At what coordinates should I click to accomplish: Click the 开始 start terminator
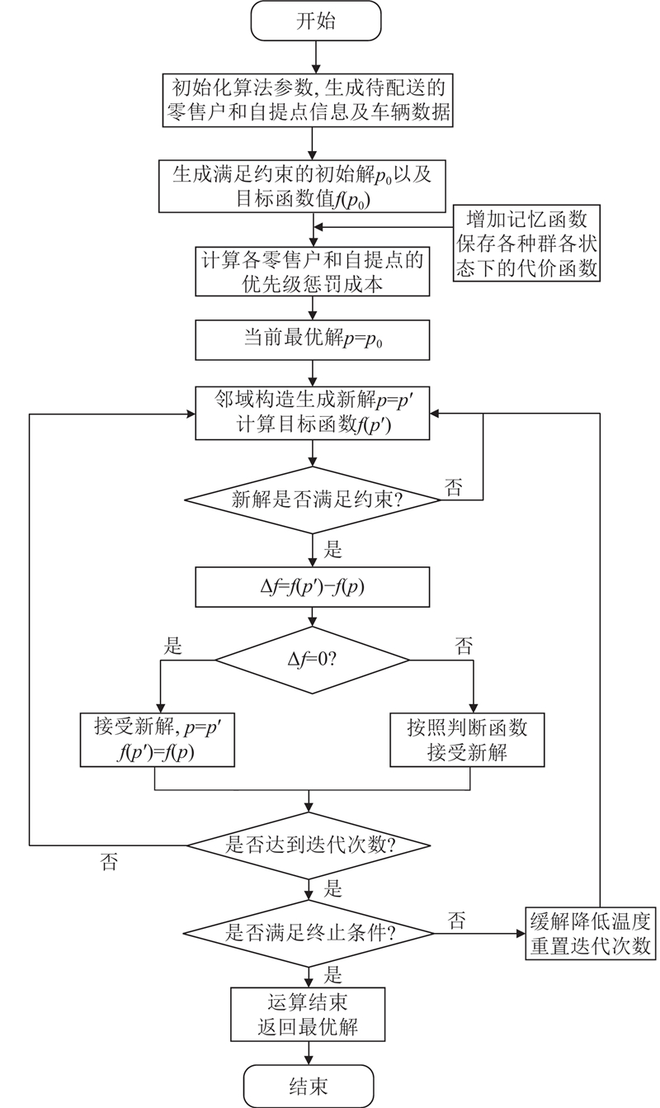[316, 21]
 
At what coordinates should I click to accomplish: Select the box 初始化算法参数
[311, 99]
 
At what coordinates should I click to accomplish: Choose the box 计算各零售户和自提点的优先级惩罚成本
[311, 271]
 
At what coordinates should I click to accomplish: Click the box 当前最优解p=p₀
[311, 339]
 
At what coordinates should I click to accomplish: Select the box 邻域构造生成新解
[311, 412]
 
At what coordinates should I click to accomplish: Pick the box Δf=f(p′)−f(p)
[311, 589]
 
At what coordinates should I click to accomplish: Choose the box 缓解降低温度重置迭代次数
[590, 934]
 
